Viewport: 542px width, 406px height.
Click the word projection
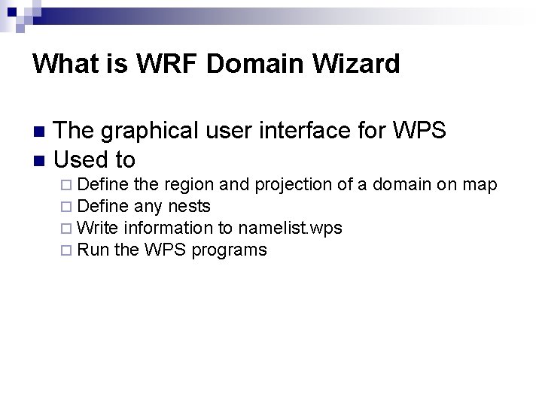pos(290,185)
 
